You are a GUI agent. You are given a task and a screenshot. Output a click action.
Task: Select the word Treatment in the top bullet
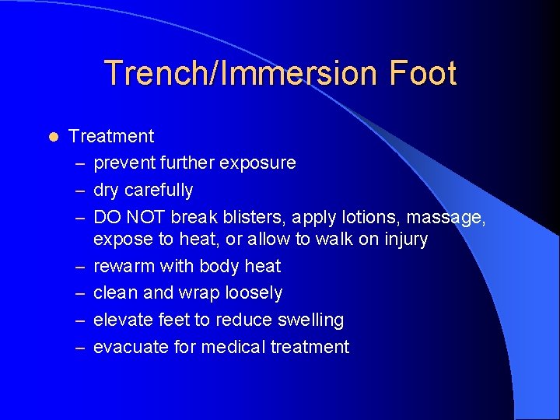(x=111, y=137)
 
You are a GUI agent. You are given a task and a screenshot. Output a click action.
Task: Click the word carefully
(x=158, y=190)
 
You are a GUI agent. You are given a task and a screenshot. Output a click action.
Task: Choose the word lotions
(x=373, y=217)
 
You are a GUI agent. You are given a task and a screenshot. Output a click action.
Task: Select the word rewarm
(x=124, y=266)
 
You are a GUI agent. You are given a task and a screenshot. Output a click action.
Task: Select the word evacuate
(x=131, y=347)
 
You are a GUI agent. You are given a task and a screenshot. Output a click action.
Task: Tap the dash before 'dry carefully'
(x=81, y=191)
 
